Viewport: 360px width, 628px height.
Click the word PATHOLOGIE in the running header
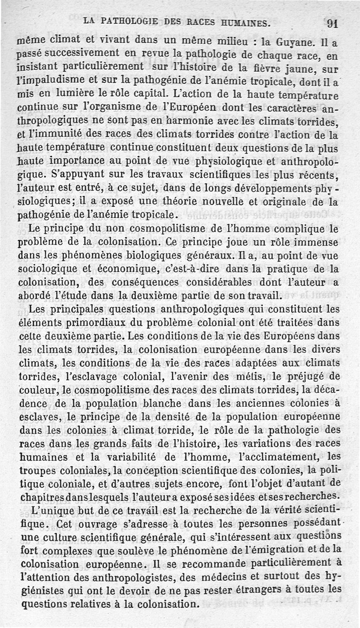tap(129, 21)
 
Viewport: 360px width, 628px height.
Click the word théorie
tap(196, 201)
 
